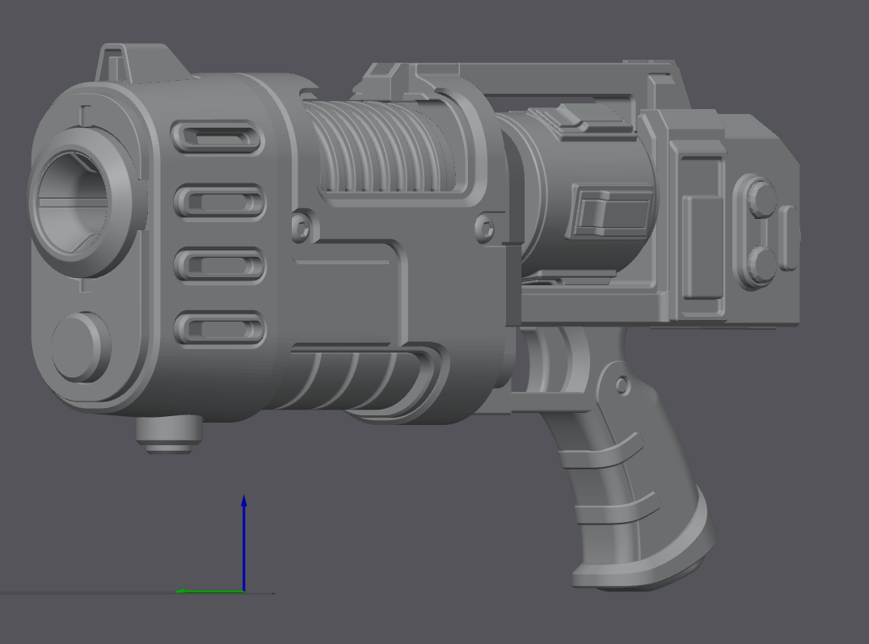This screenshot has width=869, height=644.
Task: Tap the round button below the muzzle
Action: click(79, 346)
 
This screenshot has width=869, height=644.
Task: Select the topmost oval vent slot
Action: click(219, 138)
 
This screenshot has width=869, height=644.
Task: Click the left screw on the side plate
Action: click(301, 225)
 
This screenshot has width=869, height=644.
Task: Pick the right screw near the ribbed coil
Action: click(485, 227)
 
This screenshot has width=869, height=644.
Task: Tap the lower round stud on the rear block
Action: click(758, 263)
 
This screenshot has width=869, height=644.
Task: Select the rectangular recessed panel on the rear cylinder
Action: click(612, 211)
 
